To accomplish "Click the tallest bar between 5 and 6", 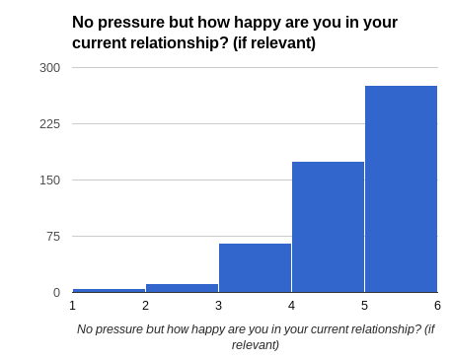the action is pyautogui.click(x=401, y=189).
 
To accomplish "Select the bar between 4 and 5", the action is pyautogui.click(x=328, y=227).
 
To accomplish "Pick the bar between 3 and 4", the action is pyautogui.click(x=255, y=267).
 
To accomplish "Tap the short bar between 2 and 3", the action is pyautogui.click(x=182, y=288).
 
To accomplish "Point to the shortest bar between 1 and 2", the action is pyautogui.click(x=109, y=290).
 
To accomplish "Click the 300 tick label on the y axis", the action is pyautogui.click(x=50, y=68).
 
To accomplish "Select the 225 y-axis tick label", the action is pyautogui.click(x=50, y=124).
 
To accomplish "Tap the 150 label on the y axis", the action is pyautogui.click(x=50, y=180).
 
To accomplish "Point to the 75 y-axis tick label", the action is pyautogui.click(x=53, y=237).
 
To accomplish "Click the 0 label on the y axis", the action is pyautogui.click(x=57, y=292).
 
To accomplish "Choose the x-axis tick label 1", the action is pyautogui.click(x=73, y=306).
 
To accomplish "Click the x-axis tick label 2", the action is pyautogui.click(x=146, y=306).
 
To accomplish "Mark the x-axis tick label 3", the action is pyautogui.click(x=219, y=306).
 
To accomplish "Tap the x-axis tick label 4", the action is pyautogui.click(x=291, y=306).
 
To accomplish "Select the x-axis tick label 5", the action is pyautogui.click(x=364, y=306).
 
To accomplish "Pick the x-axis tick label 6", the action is pyautogui.click(x=437, y=306).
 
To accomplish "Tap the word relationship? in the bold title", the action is pyautogui.click(x=180, y=43).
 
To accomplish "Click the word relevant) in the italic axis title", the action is pyautogui.click(x=256, y=345).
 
